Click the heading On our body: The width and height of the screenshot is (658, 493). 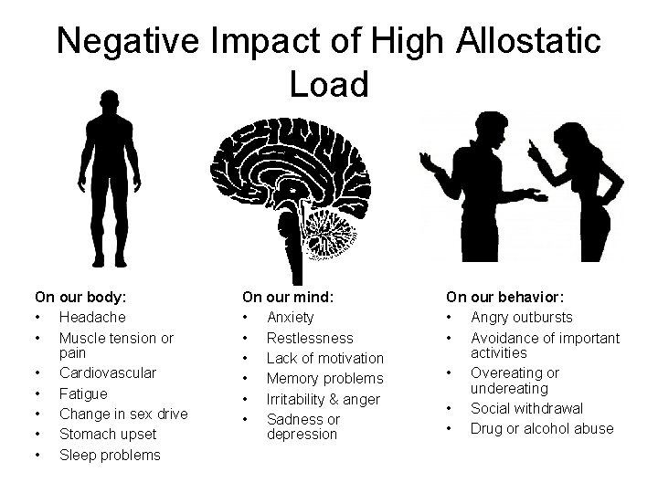(x=80, y=297)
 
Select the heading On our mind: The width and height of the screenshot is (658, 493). (x=288, y=297)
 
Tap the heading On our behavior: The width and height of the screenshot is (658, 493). (x=504, y=297)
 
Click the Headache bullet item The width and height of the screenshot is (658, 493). (x=92, y=317)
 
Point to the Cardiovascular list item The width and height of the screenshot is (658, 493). (x=108, y=372)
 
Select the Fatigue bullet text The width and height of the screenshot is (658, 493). (x=83, y=393)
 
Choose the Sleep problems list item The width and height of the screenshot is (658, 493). (x=110, y=455)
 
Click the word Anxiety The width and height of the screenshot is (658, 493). (x=290, y=317)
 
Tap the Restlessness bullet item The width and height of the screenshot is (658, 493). (x=310, y=338)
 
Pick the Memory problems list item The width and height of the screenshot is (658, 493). (x=324, y=378)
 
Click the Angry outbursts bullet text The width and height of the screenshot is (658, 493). (x=522, y=317)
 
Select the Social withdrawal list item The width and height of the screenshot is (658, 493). (x=526, y=408)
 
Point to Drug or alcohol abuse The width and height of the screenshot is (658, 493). (x=542, y=428)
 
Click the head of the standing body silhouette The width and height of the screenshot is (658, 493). (x=109, y=103)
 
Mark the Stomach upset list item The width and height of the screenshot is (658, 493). (x=108, y=434)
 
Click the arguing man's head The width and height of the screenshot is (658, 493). (x=482, y=131)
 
